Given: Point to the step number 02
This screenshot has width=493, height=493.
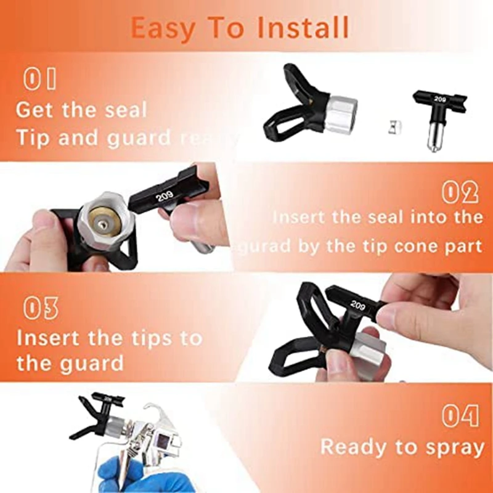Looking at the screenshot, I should [460, 193].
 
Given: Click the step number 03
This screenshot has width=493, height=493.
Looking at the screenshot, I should [41, 308].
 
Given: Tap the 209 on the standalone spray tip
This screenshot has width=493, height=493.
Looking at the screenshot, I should [439, 98].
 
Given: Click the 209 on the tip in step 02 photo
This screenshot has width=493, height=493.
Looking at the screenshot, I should [166, 197].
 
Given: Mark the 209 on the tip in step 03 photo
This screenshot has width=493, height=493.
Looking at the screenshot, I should [357, 304].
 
